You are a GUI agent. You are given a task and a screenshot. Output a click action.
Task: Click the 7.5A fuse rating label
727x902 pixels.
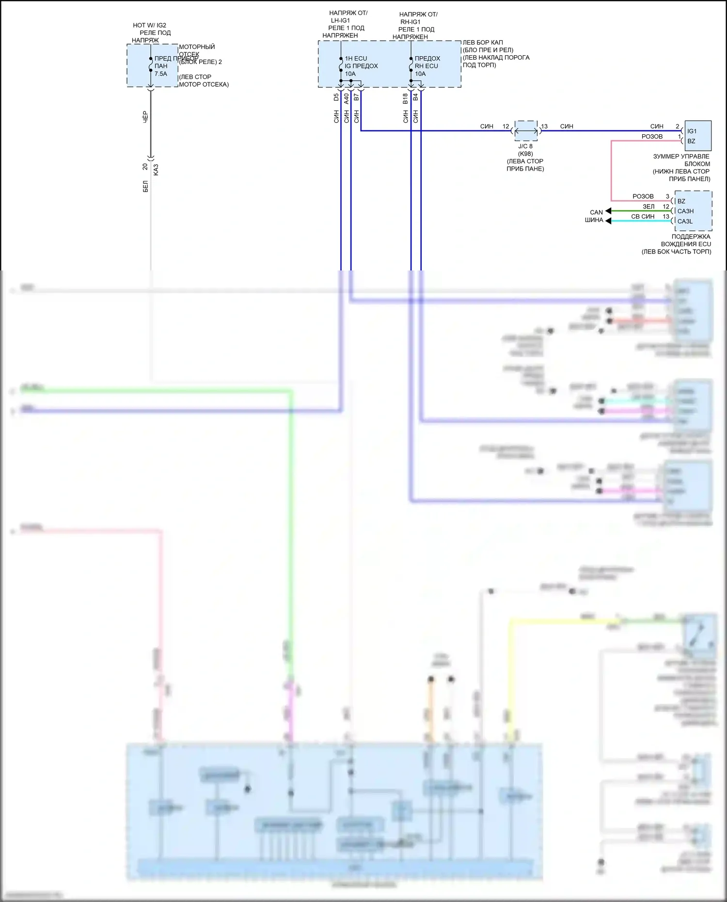[x=160, y=74]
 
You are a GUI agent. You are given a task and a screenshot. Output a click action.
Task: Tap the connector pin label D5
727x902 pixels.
[x=336, y=97]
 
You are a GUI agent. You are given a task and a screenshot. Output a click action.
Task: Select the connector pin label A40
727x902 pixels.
[x=347, y=98]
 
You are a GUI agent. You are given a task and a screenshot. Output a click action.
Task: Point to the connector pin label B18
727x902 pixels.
[x=405, y=98]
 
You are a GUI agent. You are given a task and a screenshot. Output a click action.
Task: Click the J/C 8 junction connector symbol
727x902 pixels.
[x=526, y=131]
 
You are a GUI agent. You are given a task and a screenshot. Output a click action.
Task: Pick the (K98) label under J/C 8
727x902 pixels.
[x=525, y=154]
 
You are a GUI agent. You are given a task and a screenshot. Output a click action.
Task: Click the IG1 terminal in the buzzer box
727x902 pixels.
[x=692, y=131]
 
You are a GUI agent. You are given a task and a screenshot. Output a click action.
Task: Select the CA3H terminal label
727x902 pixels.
[x=685, y=211]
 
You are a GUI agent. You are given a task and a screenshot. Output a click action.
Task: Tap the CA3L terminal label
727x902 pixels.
[x=685, y=222]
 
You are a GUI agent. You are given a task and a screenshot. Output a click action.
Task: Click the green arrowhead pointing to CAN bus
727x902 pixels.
[x=609, y=211]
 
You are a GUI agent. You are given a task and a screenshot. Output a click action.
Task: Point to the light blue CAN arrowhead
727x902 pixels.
[x=609, y=221]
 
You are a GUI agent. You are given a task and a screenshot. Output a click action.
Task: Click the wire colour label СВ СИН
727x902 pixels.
[x=643, y=217]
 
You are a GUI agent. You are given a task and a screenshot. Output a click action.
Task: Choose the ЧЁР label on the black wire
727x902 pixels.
[x=145, y=117]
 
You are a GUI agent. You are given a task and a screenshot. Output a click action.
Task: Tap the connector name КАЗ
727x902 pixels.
[x=156, y=170]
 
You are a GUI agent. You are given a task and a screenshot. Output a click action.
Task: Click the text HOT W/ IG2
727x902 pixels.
[x=149, y=25]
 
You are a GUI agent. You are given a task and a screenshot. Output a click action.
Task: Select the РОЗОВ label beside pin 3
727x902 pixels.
[x=643, y=196]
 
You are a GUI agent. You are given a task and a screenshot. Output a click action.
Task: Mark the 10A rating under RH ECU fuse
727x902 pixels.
[x=420, y=74]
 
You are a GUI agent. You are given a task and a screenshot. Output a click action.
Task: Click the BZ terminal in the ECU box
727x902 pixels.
[x=681, y=201]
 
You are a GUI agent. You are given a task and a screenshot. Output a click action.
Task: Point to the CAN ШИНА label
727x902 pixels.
[x=594, y=216]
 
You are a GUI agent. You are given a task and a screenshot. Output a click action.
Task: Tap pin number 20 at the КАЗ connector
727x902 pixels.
[x=145, y=167]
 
